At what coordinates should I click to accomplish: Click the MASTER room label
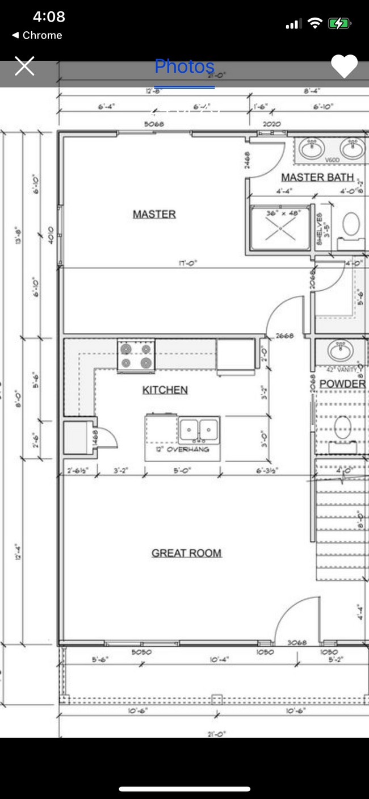pyautogui.click(x=154, y=214)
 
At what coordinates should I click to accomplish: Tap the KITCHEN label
pyautogui.click(x=165, y=390)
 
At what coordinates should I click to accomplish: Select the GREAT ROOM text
pyautogui.click(x=186, y=553)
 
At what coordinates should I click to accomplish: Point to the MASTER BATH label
pyautogui.click(x=317, y=177)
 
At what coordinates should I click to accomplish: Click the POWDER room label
pyautogui.click(x=342, y=384)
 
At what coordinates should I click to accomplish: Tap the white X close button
pyautogui.click(x=24, y=66)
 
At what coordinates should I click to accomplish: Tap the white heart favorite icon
pyautogui.click(x=344, y=66)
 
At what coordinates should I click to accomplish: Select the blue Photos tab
pyautogui.click(x=184, y=67)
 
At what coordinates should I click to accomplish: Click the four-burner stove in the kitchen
pyautogui.click(x=136, y=356)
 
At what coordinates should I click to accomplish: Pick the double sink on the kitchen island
pyautogui.click(x=199, y=430)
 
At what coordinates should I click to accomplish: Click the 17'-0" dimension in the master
pyautogui.click(x=188, y=263)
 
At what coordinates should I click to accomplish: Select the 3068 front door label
pyautogui.click(x=297, y=643)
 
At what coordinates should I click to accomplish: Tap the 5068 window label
pyautogui.click(x=154, y=123)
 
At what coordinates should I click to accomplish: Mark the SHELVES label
pyautogui.click(x=320, y=229)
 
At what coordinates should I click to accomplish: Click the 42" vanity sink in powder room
pyautogui.click(x=340, y=349)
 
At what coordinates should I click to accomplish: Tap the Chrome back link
pyautogui.click(x=37, y=35)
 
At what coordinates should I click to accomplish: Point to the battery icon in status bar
pyautogui.click(x=340, y=23)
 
